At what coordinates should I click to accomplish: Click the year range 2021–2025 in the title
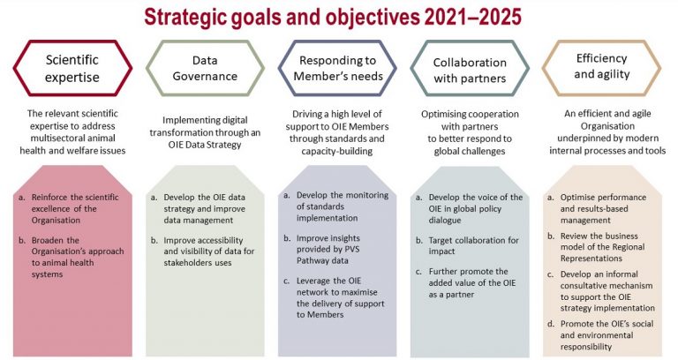[x=473, y=18]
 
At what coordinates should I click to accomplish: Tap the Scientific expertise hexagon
[x=72, y=68]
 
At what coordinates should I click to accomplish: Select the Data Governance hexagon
[x=205, y=68]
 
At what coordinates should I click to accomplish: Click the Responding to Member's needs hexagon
[x=338, y=68]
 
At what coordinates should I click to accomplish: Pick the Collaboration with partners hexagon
[x=470, y=69]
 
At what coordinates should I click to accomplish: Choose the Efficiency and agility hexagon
[x=601, y=68]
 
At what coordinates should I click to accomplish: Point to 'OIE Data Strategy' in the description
[x=205, y=145]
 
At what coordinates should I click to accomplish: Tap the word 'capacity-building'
[x=337, y=151]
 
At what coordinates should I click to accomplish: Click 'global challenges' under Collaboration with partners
[x=470, y=151]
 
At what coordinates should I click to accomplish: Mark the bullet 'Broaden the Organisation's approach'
[x=78, y=257]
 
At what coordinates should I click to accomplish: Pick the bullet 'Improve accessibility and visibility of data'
[x=209, y=251]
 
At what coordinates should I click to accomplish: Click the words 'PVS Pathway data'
[x=328, y=255]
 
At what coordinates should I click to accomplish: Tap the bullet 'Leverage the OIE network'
[x=340, y=297]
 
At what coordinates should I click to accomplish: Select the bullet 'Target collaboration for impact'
[x=473, y=245]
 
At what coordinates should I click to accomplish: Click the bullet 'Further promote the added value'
[x=472, y=283]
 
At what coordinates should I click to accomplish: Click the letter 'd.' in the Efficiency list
[x=551, y=324]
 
